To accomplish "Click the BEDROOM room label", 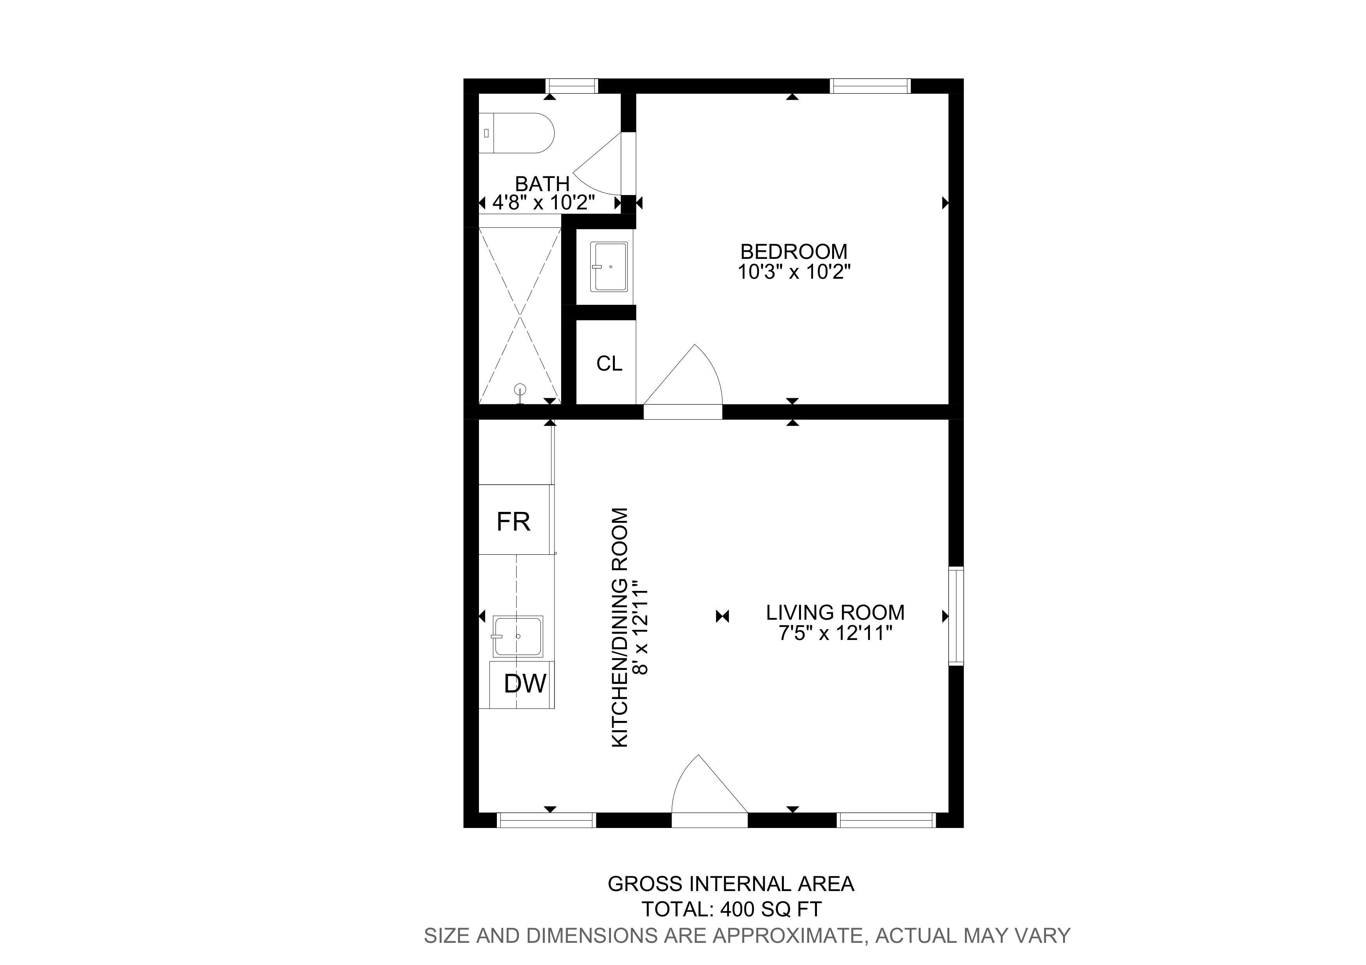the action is click(794, 251).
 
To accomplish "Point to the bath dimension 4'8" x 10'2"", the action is click(544, 203).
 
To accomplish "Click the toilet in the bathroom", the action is click(516, 133).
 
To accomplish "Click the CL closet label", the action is click(609, 363).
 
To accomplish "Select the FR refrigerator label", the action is click(514, 522).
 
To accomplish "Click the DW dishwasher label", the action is click(525, 684).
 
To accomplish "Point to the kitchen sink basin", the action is click(518, 636).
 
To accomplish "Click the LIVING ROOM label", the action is click(835, 612).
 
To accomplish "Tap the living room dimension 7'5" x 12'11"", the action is click(836, 633).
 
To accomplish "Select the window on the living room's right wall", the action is click(956, 616).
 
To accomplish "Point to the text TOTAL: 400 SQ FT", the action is click(731, 909).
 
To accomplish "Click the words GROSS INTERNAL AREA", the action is click(731, 884).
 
